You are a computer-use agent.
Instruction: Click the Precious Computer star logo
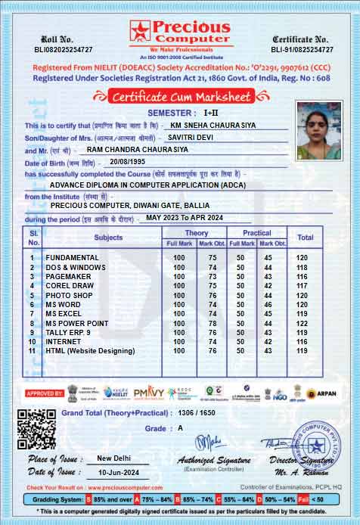coord(141,30)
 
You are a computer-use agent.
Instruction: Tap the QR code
coord(36,429)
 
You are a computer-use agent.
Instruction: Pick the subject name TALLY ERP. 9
coord(68,332)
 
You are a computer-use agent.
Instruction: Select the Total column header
coord(305,238)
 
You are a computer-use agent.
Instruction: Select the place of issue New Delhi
coord(115,458)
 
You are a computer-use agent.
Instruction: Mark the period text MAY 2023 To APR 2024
coord(185,218)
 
